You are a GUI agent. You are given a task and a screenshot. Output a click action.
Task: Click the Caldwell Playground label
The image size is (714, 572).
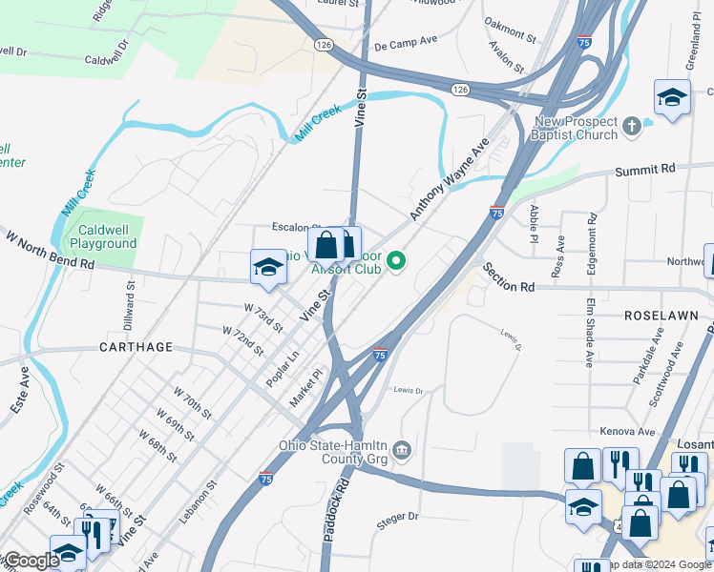pyautogui.click(x=108, y=236)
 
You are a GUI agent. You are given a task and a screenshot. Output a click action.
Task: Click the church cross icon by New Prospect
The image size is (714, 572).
pyautogui.click(x=631, y=125)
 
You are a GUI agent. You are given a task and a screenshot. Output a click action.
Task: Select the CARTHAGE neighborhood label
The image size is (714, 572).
pyautogui.click(x=136, y=347)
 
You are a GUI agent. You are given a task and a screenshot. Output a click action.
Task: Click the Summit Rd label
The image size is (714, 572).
pyautogui.click(x=644, y=169)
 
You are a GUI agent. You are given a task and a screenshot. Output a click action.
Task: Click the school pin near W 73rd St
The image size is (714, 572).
pyautogui.click(x=268, y=268)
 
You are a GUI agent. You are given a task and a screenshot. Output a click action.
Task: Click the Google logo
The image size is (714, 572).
pyautogui.click(x=31, y=561)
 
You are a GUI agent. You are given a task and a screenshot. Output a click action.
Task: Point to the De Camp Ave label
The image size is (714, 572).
pyautogui.click(x=405, y=43)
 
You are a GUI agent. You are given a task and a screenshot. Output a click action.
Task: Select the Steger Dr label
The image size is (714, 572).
pyautogui.click(x=398, y=516)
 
